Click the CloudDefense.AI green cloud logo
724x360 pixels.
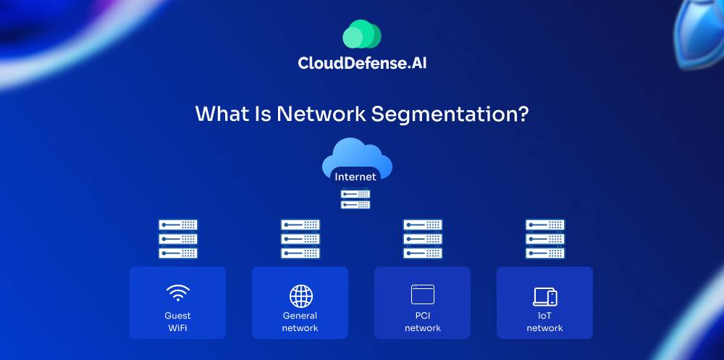pyautogui.click(x=361, y=35)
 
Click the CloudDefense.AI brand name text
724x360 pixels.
pyautogui.click(x=361, y=63)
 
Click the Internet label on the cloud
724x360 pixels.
pyautogui.click(x=355, y=177)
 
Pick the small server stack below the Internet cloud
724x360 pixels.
pyautogui.click(x=355, y=199)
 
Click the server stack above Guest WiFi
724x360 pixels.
pyautogui.click(x=178, y=239)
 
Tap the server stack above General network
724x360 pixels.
pyautogui.click(x=300, y=239)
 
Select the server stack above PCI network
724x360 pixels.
pyautogui.click(x=423, y=239)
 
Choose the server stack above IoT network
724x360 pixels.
pyautogui.click(x=545, y=239)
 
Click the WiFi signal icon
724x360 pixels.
pyautogui.click(x=178, y=293)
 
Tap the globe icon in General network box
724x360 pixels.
pyautogui.click(x=300, y=296)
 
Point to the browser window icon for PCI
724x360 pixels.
pyautogui.click(x=423, y=294)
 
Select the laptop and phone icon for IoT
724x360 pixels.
pyautogui.click(x=545, y=296)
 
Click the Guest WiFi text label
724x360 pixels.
pyautogui.click(x=178, y=322)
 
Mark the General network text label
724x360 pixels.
pyautogui.click(x=300, y=322)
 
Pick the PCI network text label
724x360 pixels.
pyautogui.click(x=423, y=322)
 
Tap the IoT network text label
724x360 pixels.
pyautogui.click(x=545, y=322)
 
